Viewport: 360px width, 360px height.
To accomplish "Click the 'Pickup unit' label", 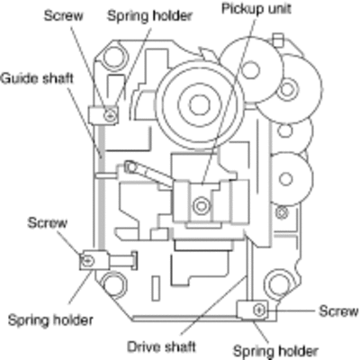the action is click(x=256, y=8).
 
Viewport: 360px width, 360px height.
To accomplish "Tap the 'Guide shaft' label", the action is click(x=37, y=78).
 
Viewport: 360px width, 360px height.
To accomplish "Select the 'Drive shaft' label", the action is click(x=161, y=346).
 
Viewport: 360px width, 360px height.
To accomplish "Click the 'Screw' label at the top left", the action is click(x=63, y=15).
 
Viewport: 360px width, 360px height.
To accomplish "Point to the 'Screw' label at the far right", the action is click(x=338, y=310).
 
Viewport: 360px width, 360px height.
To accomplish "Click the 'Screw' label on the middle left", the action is click(x=47, y=223).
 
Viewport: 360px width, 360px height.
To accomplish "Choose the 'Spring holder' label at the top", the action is click(x=149, y=15).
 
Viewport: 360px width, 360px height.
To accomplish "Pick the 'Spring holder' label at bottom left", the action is click(x=50, y=319).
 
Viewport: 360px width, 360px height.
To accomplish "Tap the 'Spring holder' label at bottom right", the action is click(x=275, y=350).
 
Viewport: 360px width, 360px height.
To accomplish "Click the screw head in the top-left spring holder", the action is click(x=110, y=115).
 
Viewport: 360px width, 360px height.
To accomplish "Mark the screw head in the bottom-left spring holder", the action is click(x=87, y=260).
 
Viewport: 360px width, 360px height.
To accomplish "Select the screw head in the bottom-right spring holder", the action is click(x=259, y=310).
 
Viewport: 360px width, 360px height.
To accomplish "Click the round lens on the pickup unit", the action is click(x=201, y=206).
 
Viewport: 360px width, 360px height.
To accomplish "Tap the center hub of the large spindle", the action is click(x=198, y=105).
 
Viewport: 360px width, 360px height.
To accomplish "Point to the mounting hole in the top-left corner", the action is click(x=113, y=56).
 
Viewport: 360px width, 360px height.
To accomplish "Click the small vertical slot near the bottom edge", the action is click(x=155, y=288).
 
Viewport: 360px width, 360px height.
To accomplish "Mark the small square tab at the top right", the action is click(x=278, y=40).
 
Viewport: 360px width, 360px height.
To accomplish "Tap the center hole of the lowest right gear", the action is click(x=285, y=179).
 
